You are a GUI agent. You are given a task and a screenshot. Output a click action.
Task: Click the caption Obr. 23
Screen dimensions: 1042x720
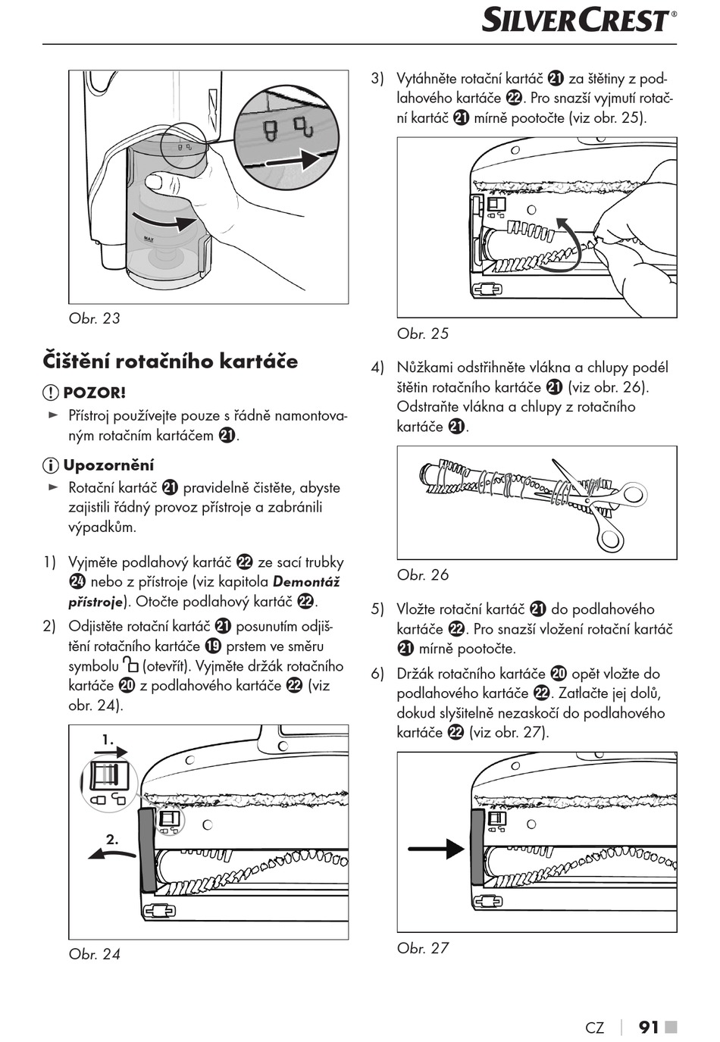(x=94, y=318)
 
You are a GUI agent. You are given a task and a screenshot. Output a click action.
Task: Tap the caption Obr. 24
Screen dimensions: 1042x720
(x=94, y=954)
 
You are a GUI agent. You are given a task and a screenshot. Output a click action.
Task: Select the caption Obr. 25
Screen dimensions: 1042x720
(x=423, y=333)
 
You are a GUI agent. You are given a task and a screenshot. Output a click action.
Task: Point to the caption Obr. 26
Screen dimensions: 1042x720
(x=423, y=575)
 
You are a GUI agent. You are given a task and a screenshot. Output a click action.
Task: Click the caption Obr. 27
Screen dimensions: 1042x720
(x=423, y=948)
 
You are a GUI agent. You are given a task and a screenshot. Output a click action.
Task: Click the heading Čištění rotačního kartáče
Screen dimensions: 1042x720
(x=171, y=361)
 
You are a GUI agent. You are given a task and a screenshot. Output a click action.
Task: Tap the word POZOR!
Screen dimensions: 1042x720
(x=94, y=393)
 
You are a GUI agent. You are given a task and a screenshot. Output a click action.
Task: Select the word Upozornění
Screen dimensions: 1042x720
(x=108, y=465)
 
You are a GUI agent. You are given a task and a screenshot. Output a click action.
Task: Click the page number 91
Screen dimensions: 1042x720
(x=649, y=1027)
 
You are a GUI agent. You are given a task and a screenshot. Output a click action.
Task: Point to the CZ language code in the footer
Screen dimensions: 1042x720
(x=595, y=1028)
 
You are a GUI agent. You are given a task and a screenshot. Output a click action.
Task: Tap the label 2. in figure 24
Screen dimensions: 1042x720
(x=112, y=840)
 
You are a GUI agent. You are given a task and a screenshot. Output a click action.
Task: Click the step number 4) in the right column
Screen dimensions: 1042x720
(x=377, y=368)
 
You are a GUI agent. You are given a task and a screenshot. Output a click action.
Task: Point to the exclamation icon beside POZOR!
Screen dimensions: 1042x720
(x=51, y=393)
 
